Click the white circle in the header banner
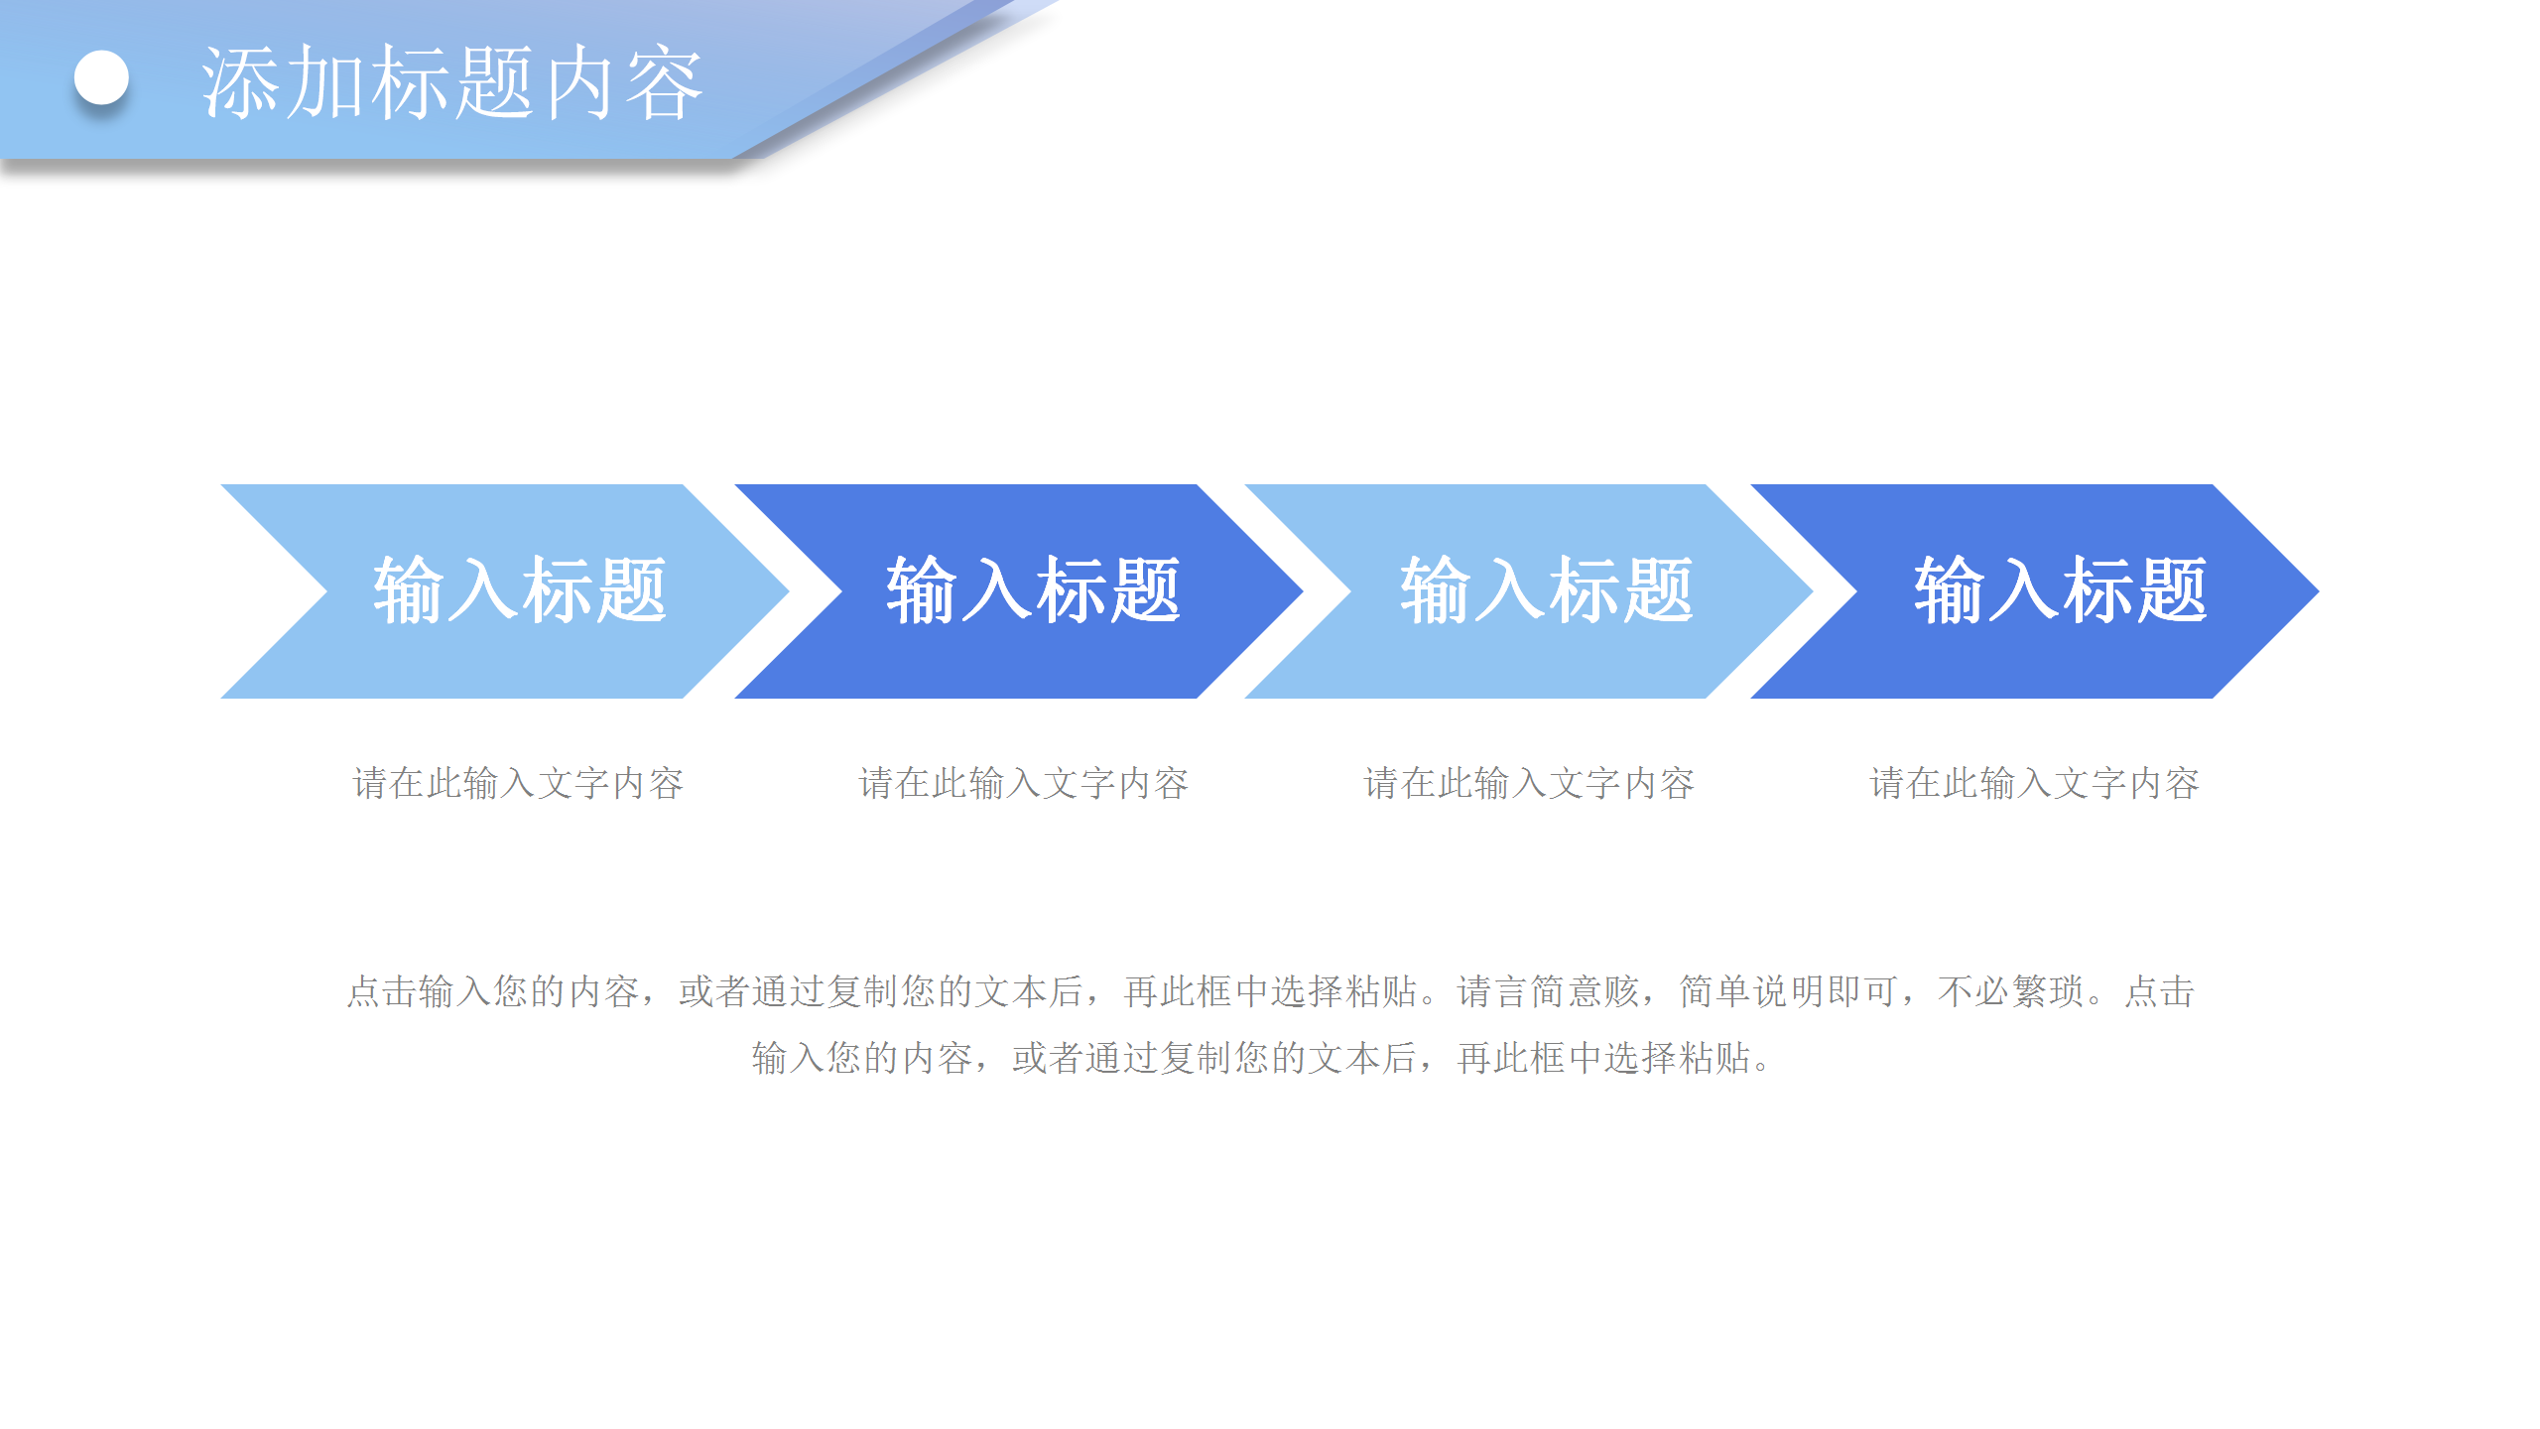coord(101,77)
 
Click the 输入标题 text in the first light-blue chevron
coord(519,590)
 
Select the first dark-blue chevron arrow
coord(1019,591)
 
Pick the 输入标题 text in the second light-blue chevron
coord(1546,590)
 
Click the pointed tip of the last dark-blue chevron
coord(2319,591)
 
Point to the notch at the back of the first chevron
coord(326,591)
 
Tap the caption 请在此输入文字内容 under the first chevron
coord(518,783)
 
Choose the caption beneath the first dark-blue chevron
coord(1023,783)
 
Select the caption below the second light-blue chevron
coord(1529,783)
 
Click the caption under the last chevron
coord(2035,783)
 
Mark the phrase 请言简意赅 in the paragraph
coord(1548,991)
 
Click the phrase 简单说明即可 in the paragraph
coord(1788,991)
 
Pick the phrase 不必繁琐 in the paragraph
coord(2010,991)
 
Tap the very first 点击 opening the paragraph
coord(382,991)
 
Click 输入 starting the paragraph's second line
coord(788,1058)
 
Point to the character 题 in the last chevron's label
coord(2171,590)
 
